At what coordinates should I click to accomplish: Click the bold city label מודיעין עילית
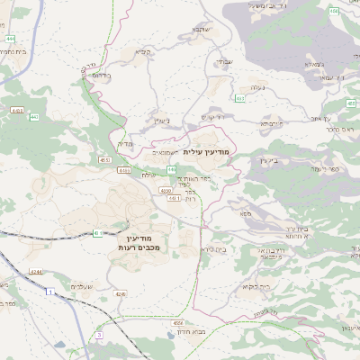(x=207, y=152)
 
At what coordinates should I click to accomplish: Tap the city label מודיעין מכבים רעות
(x=137, y=240)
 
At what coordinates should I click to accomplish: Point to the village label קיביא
(x=143, y=52)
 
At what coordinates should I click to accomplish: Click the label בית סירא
(x=215, y=249)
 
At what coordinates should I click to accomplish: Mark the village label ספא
(x=246, y=213)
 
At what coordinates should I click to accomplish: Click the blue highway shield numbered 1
(x=50, y=292)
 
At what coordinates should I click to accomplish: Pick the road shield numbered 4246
(x=121, y=293)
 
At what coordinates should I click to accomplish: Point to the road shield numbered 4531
(x=104, y=159)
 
